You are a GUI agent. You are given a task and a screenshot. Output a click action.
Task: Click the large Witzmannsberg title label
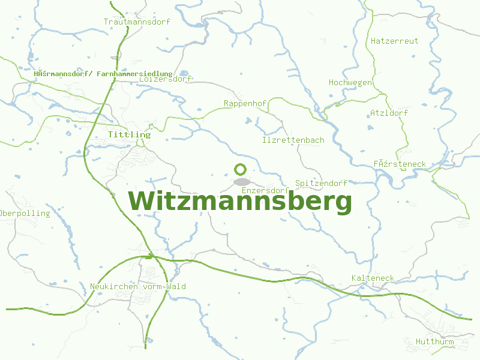click(x=240, y=202)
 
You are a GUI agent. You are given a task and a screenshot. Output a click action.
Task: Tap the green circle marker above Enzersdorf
click(x=241, y=170)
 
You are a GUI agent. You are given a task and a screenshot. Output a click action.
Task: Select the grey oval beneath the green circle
click(x=241, y=181)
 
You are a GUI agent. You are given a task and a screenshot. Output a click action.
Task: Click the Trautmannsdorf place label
click(x=137, y=22)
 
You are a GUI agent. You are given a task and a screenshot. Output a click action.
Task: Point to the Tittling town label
click(x=129, y=135)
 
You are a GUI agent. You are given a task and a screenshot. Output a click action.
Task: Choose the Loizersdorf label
click(x=165, y=79)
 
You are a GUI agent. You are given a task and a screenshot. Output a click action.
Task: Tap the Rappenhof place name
click(x=245, y=104)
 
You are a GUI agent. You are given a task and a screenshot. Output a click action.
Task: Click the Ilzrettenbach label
click(x=293, y=140)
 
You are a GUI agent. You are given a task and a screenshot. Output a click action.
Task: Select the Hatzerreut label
click(x=394, y=41)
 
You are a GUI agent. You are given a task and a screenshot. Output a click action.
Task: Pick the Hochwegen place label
click(x=350, y=82)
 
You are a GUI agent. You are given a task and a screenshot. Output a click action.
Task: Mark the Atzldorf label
click(x=389, y=113)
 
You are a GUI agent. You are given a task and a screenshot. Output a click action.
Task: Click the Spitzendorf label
click(x=321, y=183)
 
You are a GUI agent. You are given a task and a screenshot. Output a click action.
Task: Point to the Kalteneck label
click(x=373, y=278)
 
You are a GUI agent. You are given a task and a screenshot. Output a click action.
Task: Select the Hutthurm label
click(x=434, y=342)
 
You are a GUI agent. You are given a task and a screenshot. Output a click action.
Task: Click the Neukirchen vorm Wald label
click(x=137, y=287)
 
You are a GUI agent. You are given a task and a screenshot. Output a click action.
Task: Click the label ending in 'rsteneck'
click(x=399, y=164)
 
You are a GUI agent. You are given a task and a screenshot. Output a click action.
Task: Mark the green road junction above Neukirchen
click(x=151, y=257)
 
